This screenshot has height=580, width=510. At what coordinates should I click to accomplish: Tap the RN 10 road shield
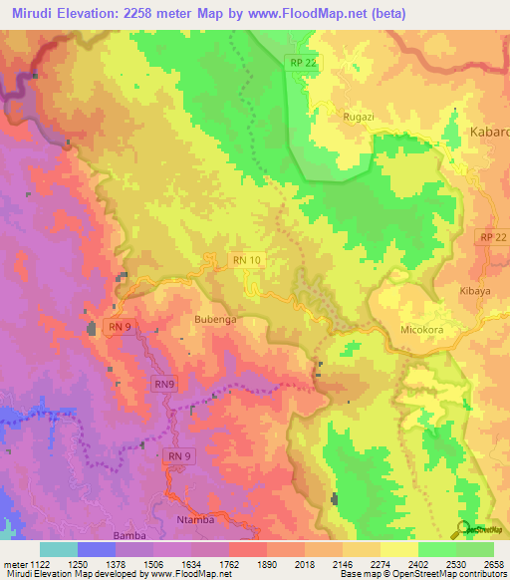tap(247, 260)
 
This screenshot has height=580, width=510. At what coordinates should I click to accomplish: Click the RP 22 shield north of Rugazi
tap(305, 63)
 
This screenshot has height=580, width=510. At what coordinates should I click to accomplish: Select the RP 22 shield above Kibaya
tap(492, 237)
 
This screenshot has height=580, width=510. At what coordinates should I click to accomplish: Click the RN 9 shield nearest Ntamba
tap(177, 456)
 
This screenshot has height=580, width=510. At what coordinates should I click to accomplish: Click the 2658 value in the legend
tap(493, 563)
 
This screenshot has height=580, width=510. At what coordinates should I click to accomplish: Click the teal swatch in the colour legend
tap(58, 549)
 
